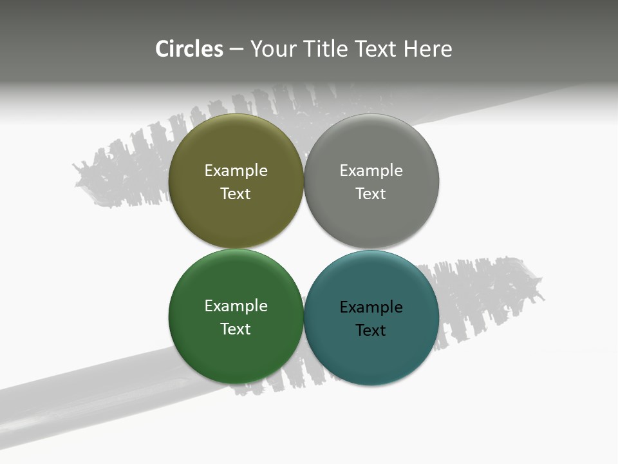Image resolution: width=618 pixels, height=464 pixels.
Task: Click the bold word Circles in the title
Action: tap(189, 49)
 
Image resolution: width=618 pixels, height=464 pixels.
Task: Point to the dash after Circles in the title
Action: tap(236, 50)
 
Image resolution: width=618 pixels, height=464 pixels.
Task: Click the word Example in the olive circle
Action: tap(236, 170)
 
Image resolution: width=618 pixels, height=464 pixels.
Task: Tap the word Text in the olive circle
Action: tap(236, 193)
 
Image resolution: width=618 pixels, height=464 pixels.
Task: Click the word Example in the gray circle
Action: tap(371, 170)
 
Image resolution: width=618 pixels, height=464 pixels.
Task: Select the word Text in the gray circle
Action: tap(371, 193)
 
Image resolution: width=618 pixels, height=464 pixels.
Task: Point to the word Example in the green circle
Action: tap(236, 305)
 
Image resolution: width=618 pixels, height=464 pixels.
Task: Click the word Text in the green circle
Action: tap(236, 329)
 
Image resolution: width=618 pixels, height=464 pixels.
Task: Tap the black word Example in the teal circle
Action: tap(371, 307)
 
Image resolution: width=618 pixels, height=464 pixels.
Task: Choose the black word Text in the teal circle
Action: tap(371, 330)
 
